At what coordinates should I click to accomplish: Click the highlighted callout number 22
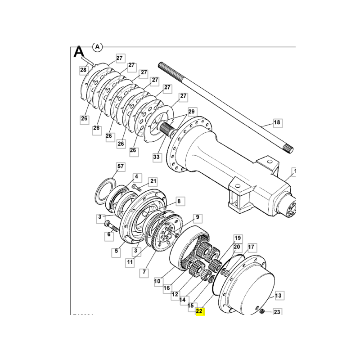pyautogui.click(x=200, y=311)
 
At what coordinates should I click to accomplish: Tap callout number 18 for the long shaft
pyautogui.click(x=277, y=122)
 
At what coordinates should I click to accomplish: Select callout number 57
pyautogui.click(x=120, y=166)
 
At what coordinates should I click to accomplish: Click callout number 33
pyautogui.click(x=156, y=157)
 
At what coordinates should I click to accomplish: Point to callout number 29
pyautogui.click(x=192, y=111)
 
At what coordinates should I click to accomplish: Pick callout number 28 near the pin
pyautogui.click(x=83, y=70)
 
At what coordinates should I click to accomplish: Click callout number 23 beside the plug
pyautogui.click(x=277, y=312)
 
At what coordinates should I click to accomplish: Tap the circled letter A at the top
pyautogui.click(x=97, y=46)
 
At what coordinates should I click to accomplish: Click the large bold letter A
pyautogui.click(x=79, y=52)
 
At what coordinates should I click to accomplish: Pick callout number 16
pyautogui.click(x=166, y=288)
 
